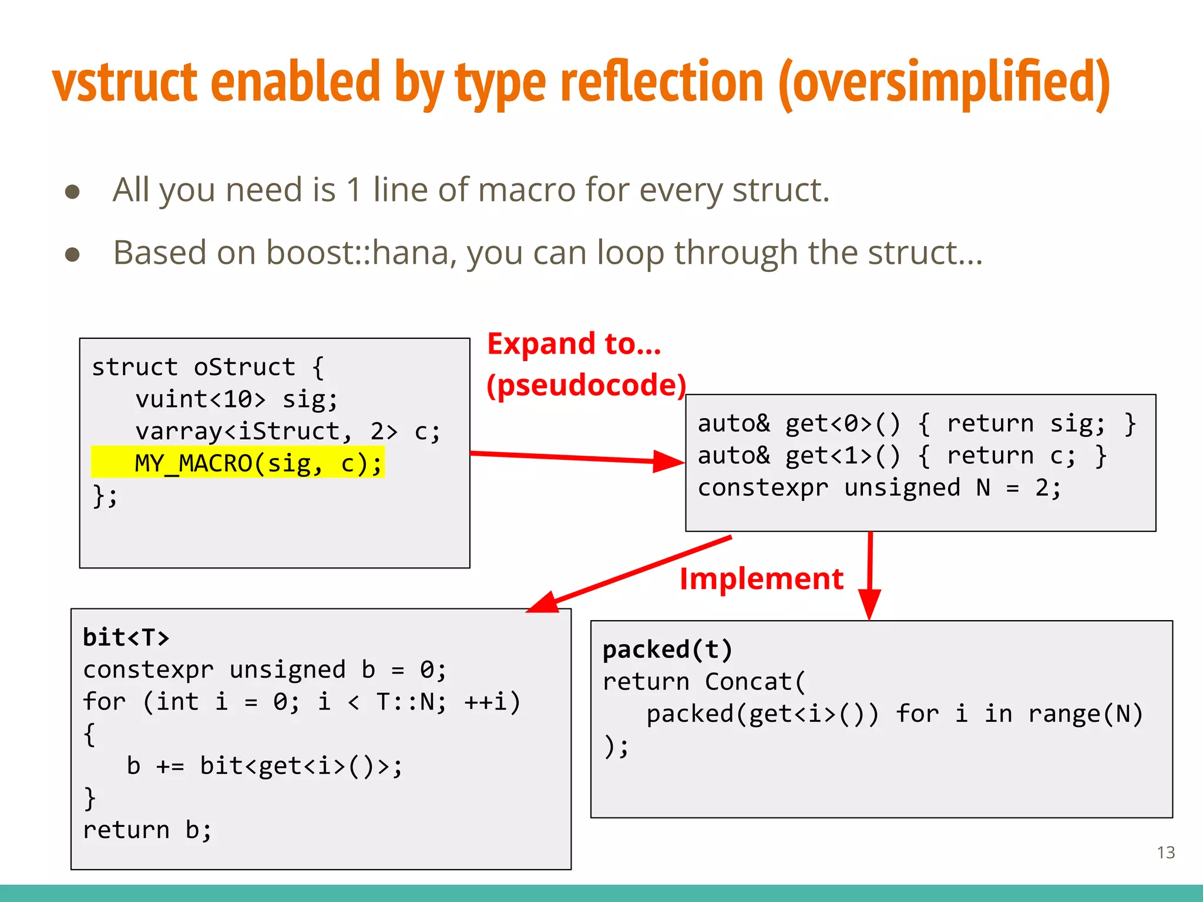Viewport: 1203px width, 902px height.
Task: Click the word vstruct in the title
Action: tap(125, 82)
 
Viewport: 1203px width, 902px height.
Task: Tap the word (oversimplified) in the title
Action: tap(943, 83)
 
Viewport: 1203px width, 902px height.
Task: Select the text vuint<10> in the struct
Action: tap(200, 399)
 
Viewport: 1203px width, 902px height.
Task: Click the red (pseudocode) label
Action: tap(586, 385)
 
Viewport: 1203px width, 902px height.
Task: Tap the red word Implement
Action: tap(761, 578)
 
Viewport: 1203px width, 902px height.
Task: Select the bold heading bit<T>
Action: tap(126, 637)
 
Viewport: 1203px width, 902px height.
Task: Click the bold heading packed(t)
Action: tap(667, 649)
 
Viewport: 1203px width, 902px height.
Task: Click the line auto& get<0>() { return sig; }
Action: tap(916, 423)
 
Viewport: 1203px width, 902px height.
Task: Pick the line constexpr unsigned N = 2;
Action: tap(879, 487)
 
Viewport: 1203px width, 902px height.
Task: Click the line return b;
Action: tap(147, 830)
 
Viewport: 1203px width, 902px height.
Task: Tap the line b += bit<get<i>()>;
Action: tap(264, 766)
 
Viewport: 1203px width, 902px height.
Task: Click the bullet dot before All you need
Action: tap(72, 191)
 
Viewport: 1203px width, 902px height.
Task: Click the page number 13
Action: tap(1165, 852)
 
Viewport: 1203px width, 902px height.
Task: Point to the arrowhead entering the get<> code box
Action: tap(670, 462)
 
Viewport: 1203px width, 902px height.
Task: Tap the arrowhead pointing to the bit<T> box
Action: tap(543, 604)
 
